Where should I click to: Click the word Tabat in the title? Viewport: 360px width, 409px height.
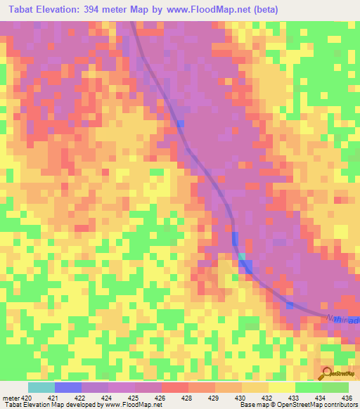coord(22,10)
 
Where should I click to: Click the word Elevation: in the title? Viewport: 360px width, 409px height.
coord(63,10)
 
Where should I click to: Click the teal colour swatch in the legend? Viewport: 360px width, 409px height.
coord(41,387)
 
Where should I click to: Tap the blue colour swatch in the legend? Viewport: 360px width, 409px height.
coord(67,387)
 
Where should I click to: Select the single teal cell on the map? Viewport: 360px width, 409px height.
coord(243,256)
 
